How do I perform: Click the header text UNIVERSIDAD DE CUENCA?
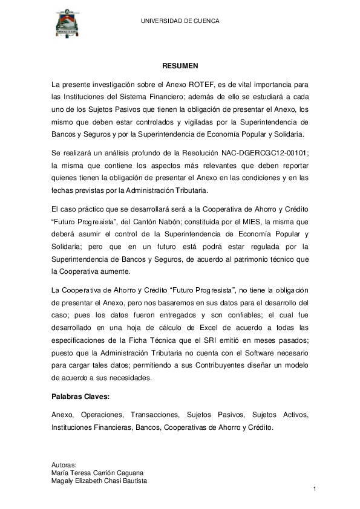pyautogui.click(x=180, y=21)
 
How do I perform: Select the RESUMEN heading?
pyautogui.click(x=180, y=65)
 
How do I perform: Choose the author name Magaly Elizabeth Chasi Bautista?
pyautogui.click(x=100, y=481)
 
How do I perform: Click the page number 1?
pyautogui.click(x=315, y=488)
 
